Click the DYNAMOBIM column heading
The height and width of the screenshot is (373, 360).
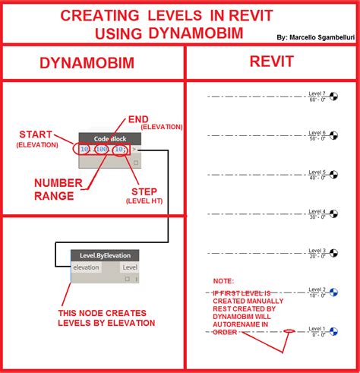pyautogui.click(x=93, y=65)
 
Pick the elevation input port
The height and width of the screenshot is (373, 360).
pyautogui.click(x=87, y=267)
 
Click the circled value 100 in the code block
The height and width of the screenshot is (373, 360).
pyautogui.click(x=100, y=150)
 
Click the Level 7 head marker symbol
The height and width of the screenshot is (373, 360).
pyautogui.click(x=334, y=96)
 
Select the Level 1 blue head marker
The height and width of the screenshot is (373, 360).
pyautogui.click(x=333, y=331)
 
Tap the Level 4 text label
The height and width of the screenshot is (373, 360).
pyautogui.click(x=317, y=211)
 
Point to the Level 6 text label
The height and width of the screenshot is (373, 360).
pyautogui.click(x=317, y=133)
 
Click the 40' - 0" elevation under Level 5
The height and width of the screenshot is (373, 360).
pyautogui.click(x=317, y=178)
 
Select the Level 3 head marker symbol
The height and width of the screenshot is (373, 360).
pyautogui.click(x=334, y=253)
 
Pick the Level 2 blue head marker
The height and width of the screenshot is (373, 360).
pyautogui.click(x=333, y=292)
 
